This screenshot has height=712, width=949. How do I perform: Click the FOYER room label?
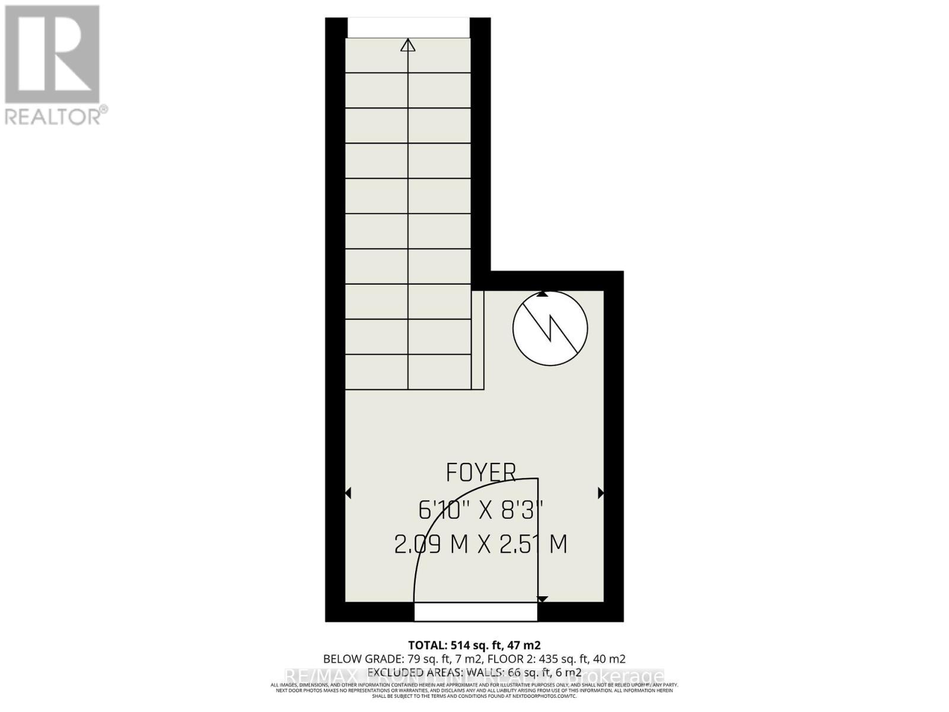[x=480, y=473]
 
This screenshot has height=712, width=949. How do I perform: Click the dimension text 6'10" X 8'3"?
[x=480, y=510]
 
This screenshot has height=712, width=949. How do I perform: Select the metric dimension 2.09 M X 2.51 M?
[x=480, y=545]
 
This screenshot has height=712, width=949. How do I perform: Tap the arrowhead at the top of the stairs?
[x=408, y=45]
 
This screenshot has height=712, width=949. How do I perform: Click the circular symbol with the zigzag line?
[x=550, y=329]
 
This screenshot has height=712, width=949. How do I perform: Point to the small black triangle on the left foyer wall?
[x=348, y=493]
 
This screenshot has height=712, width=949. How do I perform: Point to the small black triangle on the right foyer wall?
[x=600, y=493]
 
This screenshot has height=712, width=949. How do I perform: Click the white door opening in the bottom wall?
[x=476, y=612]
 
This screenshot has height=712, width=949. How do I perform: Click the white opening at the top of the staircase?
[x=408, y=27]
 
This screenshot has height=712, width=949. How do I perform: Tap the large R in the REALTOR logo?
[x=52, y=55]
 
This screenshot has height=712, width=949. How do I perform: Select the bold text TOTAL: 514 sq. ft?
[x=474, y=645]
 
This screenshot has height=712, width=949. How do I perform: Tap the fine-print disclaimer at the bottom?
[x=474, y=690]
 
